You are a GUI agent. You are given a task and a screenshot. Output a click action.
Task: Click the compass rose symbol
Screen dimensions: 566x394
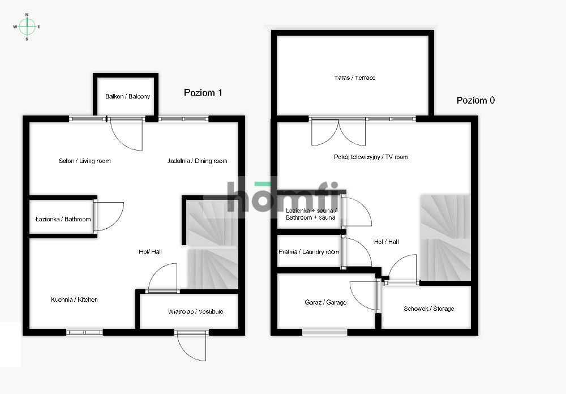point(27,27)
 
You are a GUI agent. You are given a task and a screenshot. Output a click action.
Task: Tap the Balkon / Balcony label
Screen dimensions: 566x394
point(127,96)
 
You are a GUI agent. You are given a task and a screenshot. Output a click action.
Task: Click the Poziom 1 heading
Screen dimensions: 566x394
point(203,92)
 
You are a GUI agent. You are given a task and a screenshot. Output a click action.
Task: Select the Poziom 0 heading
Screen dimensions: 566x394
point(475,100)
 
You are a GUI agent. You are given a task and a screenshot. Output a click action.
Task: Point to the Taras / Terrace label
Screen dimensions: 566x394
point(355,78)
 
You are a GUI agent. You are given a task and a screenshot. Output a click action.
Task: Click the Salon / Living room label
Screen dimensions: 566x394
point(84,161)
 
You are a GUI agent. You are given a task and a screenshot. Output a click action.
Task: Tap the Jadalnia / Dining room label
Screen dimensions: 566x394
point(197,161)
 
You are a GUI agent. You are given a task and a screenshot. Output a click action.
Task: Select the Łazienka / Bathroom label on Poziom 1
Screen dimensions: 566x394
point(63,219)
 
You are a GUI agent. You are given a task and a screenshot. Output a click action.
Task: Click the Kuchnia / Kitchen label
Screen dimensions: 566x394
point(74,299)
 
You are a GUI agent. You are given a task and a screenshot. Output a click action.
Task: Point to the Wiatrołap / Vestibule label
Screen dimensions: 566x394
point(195,311)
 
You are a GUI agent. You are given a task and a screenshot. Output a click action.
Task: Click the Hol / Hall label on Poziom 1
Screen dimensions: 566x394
point(150,252)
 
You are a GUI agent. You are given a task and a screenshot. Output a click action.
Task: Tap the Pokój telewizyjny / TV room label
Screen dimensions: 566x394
point(371,157)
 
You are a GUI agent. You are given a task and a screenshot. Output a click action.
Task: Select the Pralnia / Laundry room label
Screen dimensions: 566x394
point(308,252)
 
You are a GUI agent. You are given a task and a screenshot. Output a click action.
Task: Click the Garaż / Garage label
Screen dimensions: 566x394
point(325,302)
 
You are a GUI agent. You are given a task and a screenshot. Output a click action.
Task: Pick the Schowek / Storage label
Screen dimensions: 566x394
point(429,309)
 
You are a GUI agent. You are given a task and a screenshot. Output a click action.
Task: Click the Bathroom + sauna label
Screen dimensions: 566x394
point(310,217)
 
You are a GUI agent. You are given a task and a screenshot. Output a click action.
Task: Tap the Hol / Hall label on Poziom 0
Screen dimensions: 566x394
point(386,242)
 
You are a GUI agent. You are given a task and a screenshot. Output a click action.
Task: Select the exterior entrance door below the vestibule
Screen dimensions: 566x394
point(191,345)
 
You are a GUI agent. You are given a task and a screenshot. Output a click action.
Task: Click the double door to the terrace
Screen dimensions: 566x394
point(338,132)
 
